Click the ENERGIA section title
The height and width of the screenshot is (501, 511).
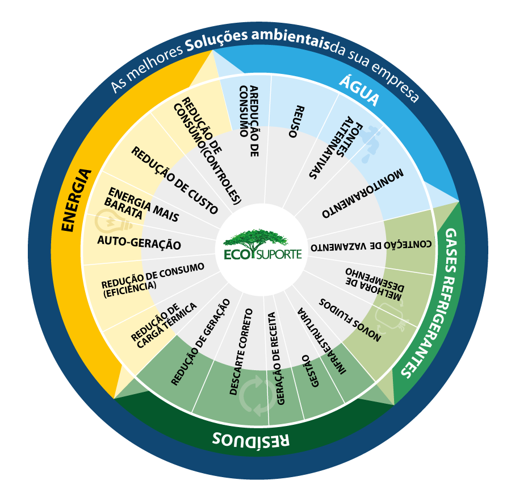[x=76, y=200]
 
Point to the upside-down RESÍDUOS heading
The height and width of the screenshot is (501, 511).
[x=251, y=438]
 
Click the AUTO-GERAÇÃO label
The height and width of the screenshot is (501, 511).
[x=139, y=243]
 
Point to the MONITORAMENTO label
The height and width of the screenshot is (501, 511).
[x=363, y=193]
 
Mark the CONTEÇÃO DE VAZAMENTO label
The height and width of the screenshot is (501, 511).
[x=371, y=246]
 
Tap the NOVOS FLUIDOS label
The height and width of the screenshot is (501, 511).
[x=350, y=319]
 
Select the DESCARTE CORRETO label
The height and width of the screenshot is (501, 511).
[x=241, y=351]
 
